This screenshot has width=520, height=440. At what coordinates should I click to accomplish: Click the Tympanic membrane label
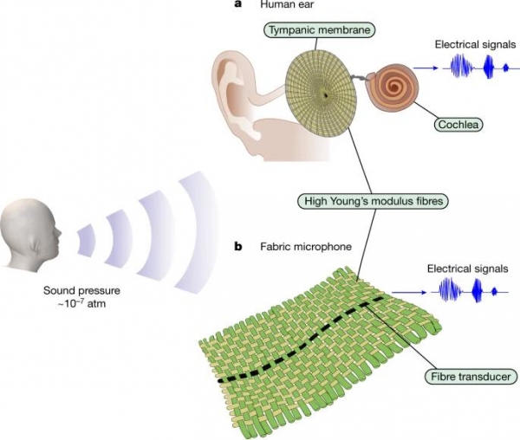pos(319,29)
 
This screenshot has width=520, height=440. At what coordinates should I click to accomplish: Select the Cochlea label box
pos(458,124)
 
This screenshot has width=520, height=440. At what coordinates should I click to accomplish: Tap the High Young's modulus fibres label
pos(374,201)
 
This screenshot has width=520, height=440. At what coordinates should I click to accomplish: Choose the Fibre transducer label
pos(471,377)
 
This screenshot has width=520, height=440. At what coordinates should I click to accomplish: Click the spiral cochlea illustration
pos(393,87)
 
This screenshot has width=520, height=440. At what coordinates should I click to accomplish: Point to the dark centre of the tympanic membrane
pos(326,95)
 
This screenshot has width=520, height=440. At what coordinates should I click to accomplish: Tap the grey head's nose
pos(59,233)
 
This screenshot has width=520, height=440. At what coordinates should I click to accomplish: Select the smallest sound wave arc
pos(87,240)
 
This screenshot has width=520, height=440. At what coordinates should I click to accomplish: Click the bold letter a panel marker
pos(237,4)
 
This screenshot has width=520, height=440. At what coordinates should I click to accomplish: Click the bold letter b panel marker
pos(238,247)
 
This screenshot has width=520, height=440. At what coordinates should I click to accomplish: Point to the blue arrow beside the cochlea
pos(426,68)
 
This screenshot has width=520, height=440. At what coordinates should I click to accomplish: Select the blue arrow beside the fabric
pos(409,293)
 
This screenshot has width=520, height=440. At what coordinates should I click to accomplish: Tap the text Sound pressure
pos(82,290)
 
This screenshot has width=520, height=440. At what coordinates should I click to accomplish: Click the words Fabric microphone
pos(306,247)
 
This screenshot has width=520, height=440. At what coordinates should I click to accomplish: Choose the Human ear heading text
pos(287,4)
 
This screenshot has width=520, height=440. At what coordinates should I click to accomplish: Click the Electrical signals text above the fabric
pos(468,269)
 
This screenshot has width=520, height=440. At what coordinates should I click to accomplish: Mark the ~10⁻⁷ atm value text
pos(81,303)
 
